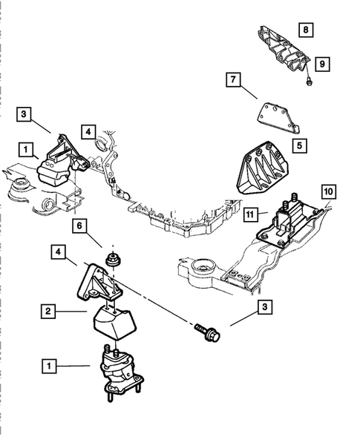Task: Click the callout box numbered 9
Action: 323,64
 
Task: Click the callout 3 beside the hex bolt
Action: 264,306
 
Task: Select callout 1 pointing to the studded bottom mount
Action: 48,366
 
